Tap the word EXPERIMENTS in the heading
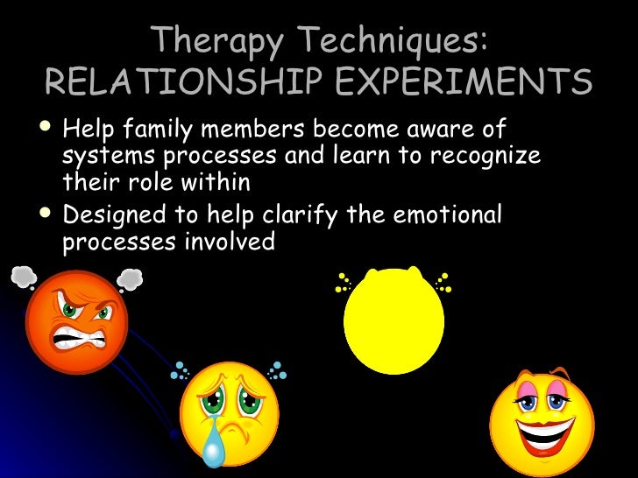[458, 84]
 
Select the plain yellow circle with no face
[393, 320]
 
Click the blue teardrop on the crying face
[213, 451]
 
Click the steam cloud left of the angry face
[23, 278]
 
